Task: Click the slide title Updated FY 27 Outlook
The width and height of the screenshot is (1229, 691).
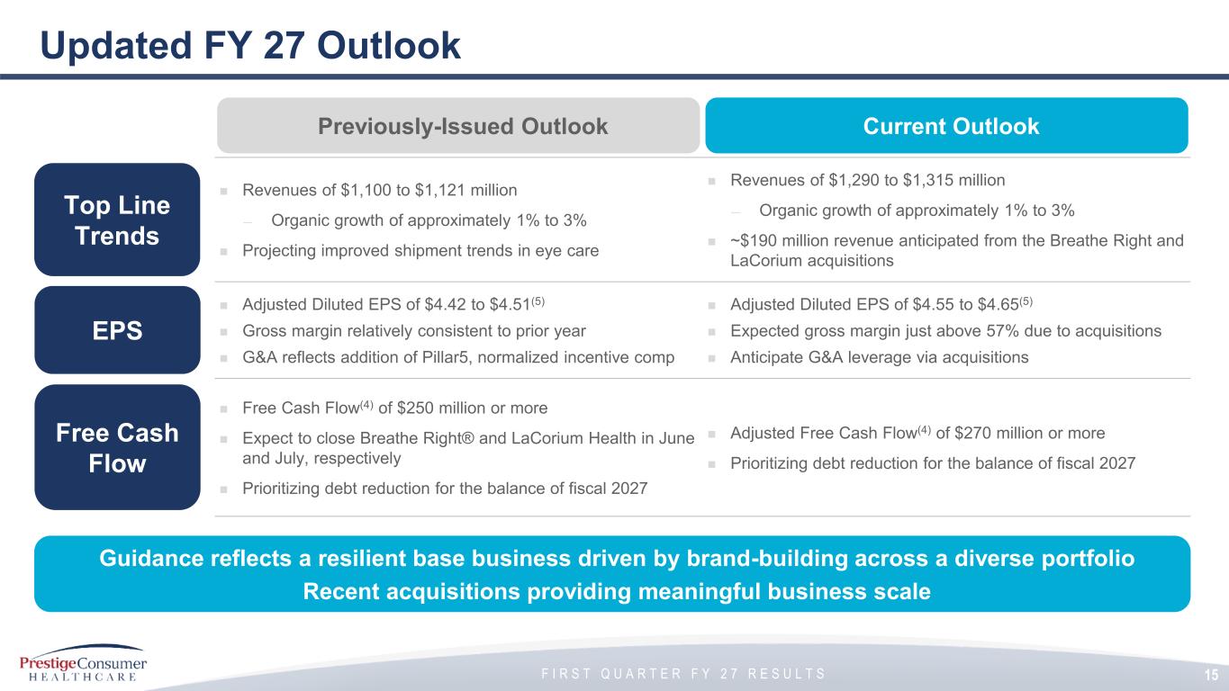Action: coord(250,46)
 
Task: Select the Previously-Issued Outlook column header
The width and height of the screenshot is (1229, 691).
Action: coord(458,126)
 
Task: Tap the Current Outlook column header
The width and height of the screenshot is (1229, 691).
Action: coord(946,126)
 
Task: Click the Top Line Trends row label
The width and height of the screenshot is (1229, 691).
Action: coord(117,220)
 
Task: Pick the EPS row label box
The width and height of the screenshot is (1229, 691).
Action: coord(117,330)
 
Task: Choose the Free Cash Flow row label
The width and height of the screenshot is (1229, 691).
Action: coord(117,447)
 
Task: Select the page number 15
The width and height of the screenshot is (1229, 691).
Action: coord(1212,675)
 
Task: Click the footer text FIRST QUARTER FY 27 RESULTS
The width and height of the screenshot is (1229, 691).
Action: coord(683,674)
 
